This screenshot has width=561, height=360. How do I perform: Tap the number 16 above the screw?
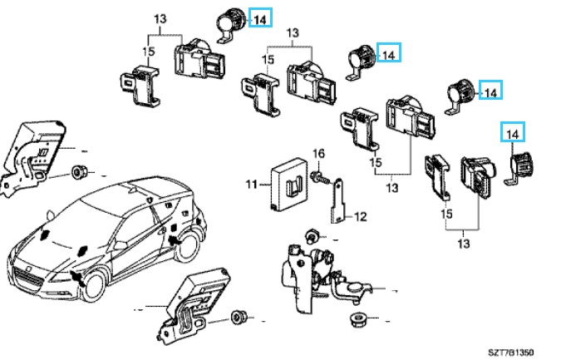tap(317, 153)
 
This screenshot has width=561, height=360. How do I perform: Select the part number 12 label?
tap(361, 217)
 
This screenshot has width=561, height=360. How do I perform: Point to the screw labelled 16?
tap(319, 177)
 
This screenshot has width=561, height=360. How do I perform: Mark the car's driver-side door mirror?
tap(84, 250)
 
